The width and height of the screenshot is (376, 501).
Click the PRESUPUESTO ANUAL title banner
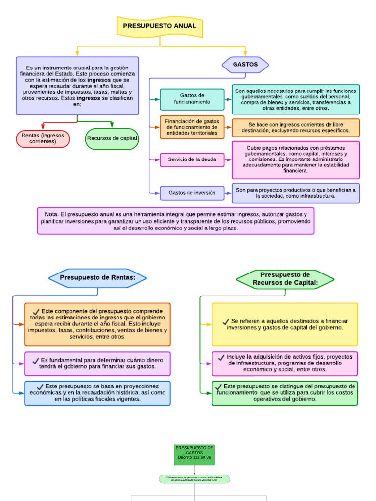[160, 26]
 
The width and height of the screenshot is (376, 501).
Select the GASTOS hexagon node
[245, 65]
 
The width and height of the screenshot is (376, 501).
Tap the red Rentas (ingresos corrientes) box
[43, 138]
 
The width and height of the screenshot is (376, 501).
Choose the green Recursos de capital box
[112, 138]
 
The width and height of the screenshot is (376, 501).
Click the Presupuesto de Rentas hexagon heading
[97, 278]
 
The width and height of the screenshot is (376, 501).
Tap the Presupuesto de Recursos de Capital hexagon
[285, 279]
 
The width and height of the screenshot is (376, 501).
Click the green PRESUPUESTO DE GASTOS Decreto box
[194, 455]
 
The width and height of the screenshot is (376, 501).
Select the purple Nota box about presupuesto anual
[176, 221]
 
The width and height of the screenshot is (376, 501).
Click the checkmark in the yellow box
[226, 321]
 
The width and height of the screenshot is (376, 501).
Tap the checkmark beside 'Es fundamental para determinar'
[36, 361]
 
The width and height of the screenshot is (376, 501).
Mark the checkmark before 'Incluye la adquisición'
[221, 357]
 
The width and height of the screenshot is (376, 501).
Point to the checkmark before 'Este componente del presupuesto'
[36, 311]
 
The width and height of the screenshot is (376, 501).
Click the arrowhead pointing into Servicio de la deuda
[157, 159]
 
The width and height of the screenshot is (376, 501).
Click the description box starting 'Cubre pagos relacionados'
[296, 159]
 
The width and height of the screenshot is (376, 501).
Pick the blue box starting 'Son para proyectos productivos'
[296, 193]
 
